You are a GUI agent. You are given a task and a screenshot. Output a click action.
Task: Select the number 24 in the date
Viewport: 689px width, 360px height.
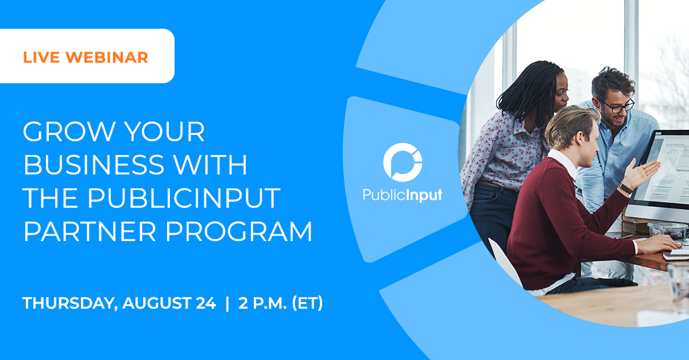[205, 303]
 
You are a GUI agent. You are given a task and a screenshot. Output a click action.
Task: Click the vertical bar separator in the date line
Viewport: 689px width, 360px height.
[227, 303]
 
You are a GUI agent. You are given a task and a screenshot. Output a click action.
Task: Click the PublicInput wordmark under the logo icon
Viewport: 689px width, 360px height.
[402, 195]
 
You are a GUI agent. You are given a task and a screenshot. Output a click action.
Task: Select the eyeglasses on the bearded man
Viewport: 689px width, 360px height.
[618, 105]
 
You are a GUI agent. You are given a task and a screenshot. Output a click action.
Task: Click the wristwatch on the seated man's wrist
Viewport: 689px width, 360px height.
[626, 188]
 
